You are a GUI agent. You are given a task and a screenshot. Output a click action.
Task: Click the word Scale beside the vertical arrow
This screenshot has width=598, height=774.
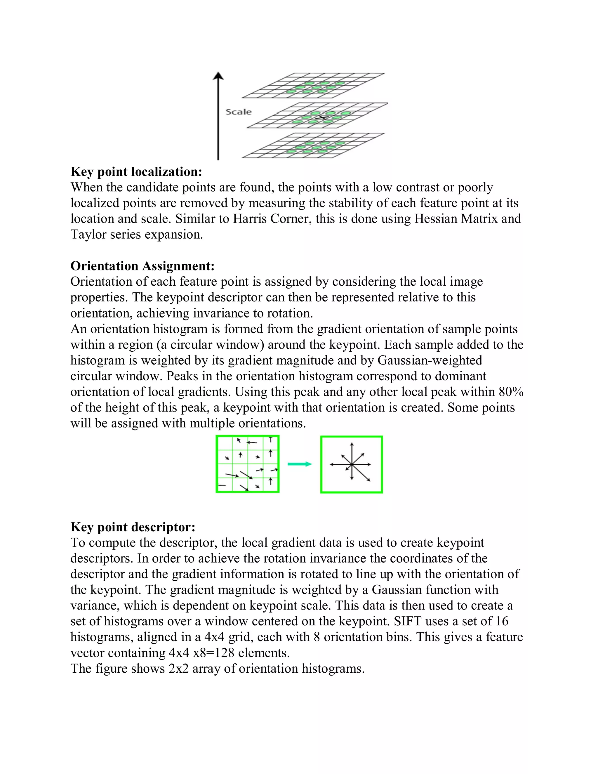tap(239, 112)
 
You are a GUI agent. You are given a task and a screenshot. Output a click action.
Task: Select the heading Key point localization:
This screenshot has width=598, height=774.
tap(136, 171)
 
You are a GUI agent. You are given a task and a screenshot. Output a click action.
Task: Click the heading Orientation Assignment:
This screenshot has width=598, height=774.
tap(142, 266)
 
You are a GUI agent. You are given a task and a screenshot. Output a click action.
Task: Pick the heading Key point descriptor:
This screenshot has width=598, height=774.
tap(133, 527)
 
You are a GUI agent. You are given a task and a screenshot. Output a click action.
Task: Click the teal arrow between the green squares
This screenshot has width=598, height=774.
tap(300, 464)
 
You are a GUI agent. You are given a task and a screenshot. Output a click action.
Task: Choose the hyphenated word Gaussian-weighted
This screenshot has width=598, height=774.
tap(430, 360)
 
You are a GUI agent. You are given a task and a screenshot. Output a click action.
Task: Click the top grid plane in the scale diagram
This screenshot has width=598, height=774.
tap(314, 85)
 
